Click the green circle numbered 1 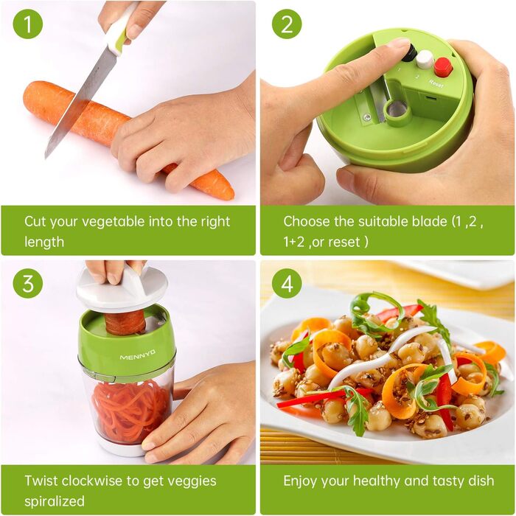point(28,24)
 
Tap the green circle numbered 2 point(287,24)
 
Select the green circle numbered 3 point(28,283)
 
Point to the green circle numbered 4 point(287,283)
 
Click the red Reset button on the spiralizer point(443,67)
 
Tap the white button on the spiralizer point(424,60)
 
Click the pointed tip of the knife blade point(46,156)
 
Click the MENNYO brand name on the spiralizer point(138,355)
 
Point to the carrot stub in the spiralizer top point(126,322)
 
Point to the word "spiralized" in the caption point(55,501)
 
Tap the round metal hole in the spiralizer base point(397,110)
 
